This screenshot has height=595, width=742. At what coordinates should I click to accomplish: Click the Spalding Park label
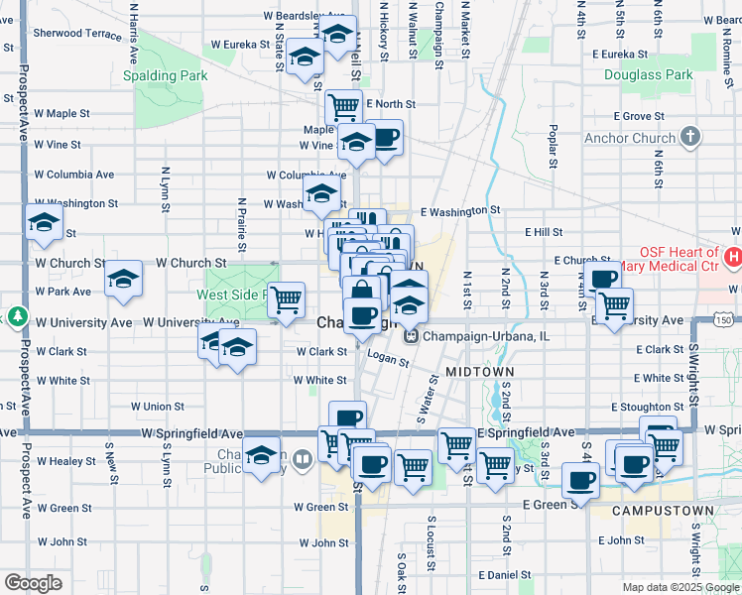click(164, 75)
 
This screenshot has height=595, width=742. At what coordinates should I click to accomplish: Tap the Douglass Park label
click(651, 74)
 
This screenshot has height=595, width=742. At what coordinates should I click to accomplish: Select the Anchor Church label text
click(630, 138)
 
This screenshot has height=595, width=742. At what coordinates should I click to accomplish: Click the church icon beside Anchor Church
click(690, 137)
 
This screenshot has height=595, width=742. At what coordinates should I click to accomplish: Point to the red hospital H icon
click(733, 258)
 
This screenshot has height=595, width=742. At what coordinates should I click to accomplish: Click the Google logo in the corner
click(33, 582)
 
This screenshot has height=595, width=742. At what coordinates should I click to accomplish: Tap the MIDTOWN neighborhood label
click(479, 370)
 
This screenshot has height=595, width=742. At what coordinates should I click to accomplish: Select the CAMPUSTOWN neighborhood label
click(662, 510)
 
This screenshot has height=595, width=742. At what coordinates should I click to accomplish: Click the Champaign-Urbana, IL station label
click(486, 336)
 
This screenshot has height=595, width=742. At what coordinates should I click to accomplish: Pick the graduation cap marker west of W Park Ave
click(124, 281)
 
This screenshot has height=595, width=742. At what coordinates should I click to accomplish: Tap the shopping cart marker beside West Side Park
click(287, 298)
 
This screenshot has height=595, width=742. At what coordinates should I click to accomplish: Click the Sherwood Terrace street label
click(77, 33)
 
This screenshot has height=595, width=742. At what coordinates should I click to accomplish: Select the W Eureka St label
click(240, 45)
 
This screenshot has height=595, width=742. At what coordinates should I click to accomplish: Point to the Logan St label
click(389, 362)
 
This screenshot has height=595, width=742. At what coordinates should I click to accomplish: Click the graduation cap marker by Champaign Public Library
click(262, 457)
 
